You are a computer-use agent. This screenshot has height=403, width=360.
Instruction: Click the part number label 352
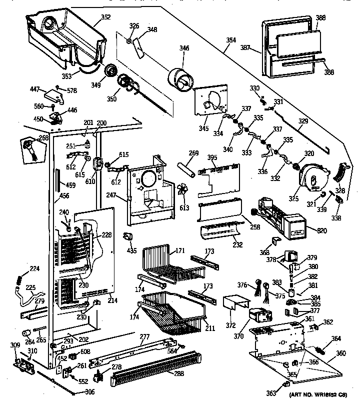click(x=105, y=17)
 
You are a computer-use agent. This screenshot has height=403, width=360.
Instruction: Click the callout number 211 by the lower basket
click(x=210, y=328)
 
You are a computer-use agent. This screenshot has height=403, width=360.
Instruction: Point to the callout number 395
click(x=212, y=158)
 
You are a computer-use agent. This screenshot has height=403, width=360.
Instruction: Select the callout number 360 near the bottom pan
click(x=340, y=353)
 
